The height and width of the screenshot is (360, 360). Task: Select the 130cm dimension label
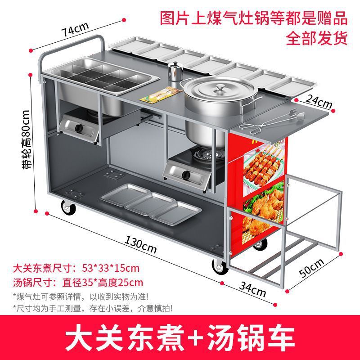pyautogui.click(x=140, y=245)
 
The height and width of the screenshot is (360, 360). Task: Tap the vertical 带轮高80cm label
pyautogui.click(x=27, y=139)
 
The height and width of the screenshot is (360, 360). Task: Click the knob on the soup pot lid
pyautogui.click(x=220, y=86)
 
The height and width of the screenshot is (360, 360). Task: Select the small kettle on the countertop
pyautogui.click(x=174, y=72)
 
